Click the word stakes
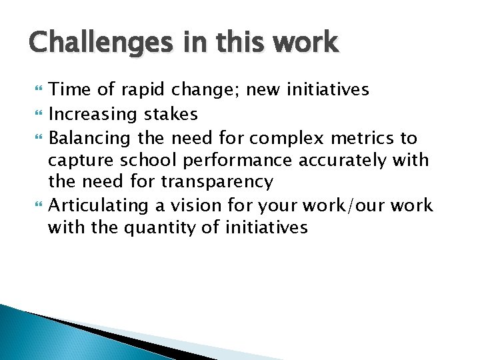[171, 115]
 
